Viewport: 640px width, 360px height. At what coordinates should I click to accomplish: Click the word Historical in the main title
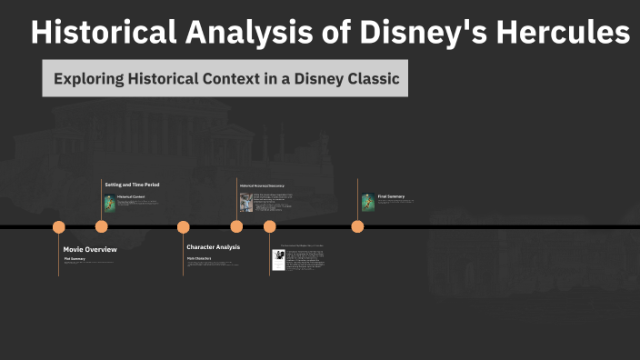(97, 33)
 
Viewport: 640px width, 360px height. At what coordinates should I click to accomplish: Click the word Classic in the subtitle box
(371, 79)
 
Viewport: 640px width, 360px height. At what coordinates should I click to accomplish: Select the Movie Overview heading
(90, 248)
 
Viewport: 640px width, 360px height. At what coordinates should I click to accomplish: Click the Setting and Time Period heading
(132, 185)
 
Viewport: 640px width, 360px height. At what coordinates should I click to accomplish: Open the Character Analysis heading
(214, 247)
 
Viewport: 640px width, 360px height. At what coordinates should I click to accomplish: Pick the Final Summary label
(391, 196)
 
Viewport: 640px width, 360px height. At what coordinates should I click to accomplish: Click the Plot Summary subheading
(75, 259)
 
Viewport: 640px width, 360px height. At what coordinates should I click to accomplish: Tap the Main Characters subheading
(199, 258)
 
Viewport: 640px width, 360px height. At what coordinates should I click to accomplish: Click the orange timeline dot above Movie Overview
(59, 227)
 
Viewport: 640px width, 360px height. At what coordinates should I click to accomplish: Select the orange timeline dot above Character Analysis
(184, 227)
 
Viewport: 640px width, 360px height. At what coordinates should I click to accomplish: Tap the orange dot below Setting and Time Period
(102, 227)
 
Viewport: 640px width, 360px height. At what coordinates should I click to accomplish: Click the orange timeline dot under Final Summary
(357, 227)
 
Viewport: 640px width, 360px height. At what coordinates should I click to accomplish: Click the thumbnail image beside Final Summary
(367, 203)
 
